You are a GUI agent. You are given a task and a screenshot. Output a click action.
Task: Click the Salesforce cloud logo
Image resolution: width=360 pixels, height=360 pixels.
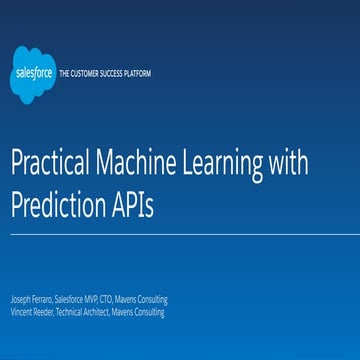click(33, 73)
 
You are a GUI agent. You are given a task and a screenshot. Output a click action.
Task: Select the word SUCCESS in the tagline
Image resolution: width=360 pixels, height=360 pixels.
click(114, 74)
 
